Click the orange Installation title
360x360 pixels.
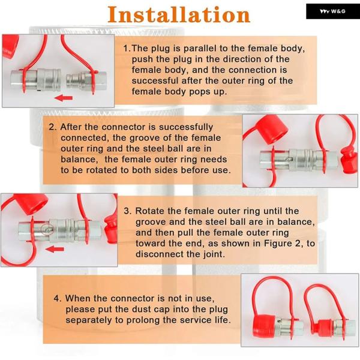pos(179,14)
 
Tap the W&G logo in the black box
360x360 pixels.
pos(332,11)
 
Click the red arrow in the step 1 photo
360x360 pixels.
pos(64,98)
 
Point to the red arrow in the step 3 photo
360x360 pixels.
pos(55,249)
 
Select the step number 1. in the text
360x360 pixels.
pos(127,49)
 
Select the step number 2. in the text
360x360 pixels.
pos(53,127)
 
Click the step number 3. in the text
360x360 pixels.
pos(128,211)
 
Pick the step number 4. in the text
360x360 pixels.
pos(58,298)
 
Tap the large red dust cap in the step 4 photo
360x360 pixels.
pos(264,327)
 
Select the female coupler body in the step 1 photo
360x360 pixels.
pos(36,79)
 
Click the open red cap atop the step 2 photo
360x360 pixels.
pos(272,129)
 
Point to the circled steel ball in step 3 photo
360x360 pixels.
pos(47,230)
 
